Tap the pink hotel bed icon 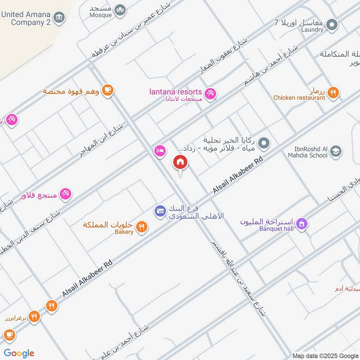point(159,150)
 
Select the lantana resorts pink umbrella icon point(210,94)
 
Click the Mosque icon point(120,10)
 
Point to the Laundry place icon point(332,24)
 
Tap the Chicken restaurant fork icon point(333,93)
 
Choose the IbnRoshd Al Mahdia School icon point(335,153)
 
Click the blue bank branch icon point(160,210)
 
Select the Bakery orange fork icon point(142,227)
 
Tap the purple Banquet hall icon point(301,223)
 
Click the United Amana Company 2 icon point(58,18)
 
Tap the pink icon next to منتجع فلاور point(66,194)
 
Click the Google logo point(19,353)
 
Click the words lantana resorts point(175,92)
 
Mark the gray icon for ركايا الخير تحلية point(265,144)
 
